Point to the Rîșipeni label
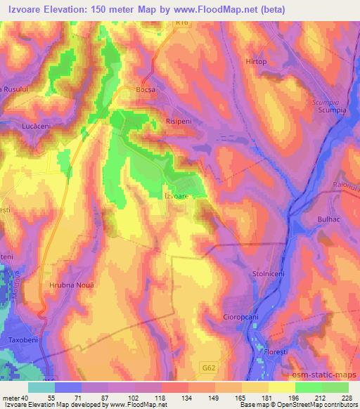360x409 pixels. [x=178, y=120]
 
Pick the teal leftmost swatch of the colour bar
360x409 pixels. [x=42, y=387]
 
